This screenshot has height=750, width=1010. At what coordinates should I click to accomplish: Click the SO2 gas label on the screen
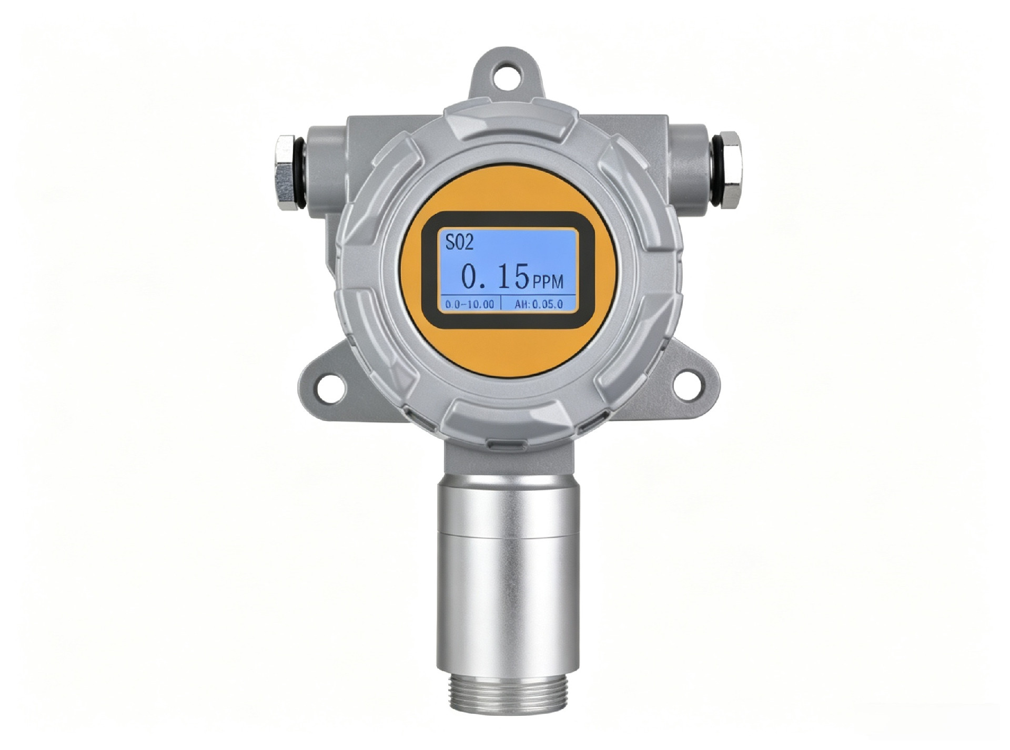click(459, 242)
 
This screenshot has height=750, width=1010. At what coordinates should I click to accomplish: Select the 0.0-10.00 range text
click(470, 304)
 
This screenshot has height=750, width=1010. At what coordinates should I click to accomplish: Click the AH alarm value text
click(538, 304)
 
